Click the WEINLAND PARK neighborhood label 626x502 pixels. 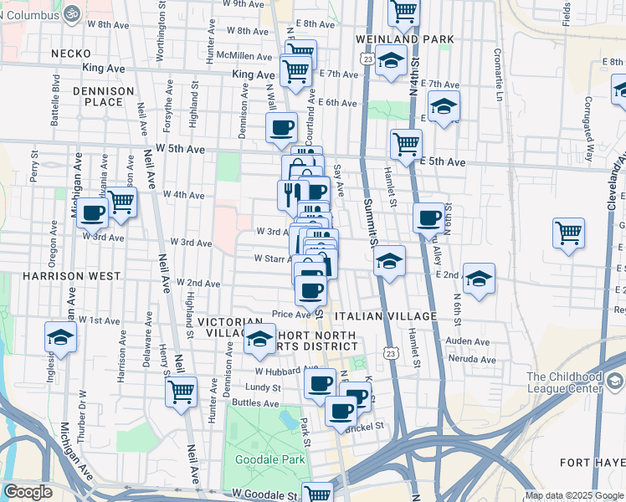[x=404, y=39]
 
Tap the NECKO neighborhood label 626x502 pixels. [x=64, y=53]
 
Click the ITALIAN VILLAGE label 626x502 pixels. [x=385, y=316]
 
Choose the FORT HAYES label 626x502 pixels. [x=593, y=463]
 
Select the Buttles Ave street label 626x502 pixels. [x=255, y=402]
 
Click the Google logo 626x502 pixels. [x=28, y=493]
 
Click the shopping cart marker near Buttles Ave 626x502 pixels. [x=181, y=391]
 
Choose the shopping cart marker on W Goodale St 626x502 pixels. [x=318, y=494]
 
